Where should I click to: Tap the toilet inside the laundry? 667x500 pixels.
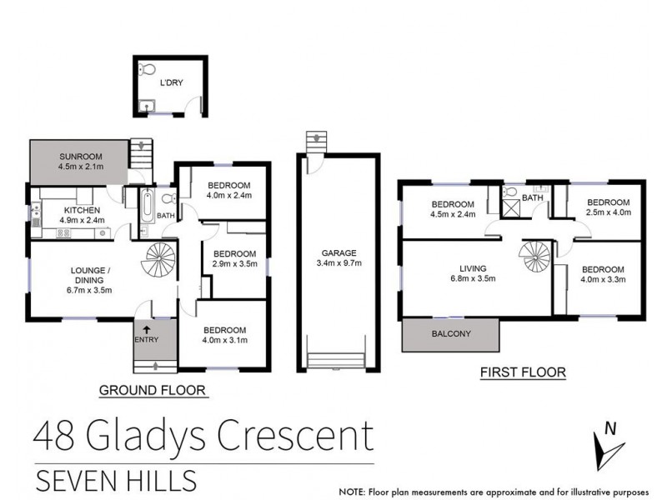click(x=147, y=70)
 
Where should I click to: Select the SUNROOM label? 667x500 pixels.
click(x=79, y=156)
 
